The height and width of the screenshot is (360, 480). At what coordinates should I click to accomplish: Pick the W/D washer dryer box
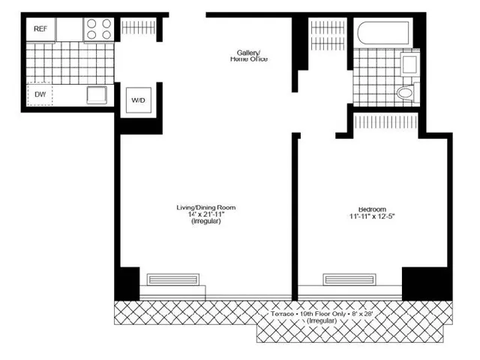coord(139,100)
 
